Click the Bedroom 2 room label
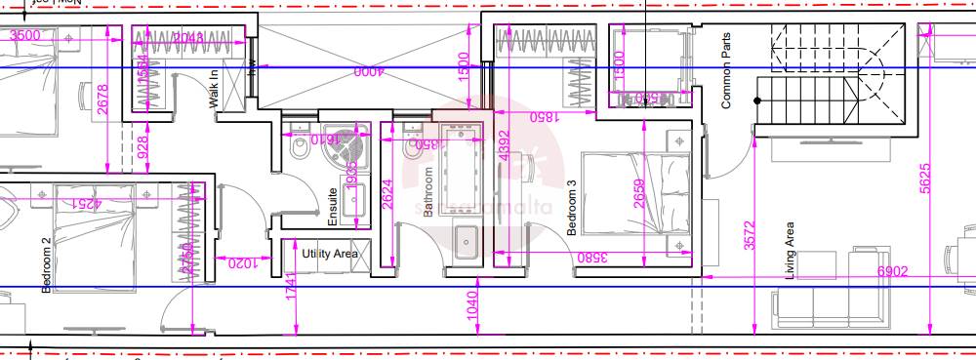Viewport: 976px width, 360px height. (x=46, y=263)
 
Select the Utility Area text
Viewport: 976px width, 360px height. (x=330, y=254)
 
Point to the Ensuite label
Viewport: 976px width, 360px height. (x=333, y=207)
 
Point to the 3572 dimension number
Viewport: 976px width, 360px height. (x=750, y=236)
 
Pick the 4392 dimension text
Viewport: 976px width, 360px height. (x=504, y=143)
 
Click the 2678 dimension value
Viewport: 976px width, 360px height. (x=104, y=100)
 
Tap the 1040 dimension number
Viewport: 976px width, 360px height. (x=474, y=305)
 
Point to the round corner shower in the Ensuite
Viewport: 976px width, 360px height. (x=347, y=146)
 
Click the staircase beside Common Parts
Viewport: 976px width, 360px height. (x=820, y=73)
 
